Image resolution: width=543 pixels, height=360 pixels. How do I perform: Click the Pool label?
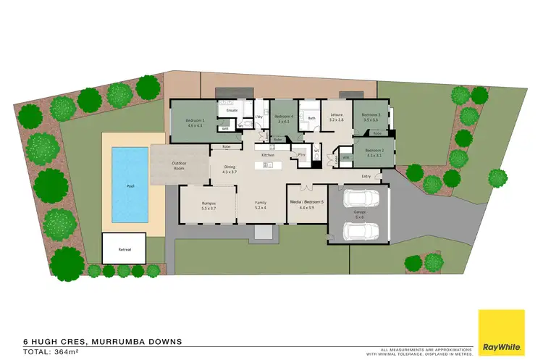130,186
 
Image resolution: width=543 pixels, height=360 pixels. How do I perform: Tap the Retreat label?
125,249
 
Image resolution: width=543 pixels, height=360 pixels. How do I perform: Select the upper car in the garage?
358,198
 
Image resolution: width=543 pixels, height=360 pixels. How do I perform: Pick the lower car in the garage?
358,230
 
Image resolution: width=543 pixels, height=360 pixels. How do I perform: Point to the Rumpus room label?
209,205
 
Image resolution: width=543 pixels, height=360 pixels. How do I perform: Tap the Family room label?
260,205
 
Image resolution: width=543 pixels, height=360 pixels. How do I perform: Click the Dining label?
229,168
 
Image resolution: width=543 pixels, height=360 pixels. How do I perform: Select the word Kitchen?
267,156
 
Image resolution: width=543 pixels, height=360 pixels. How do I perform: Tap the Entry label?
366,176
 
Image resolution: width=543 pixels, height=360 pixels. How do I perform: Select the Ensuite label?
232,111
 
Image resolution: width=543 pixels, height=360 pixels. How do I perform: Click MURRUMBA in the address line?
117,340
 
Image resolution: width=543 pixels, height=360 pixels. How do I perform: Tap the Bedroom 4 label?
283,116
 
